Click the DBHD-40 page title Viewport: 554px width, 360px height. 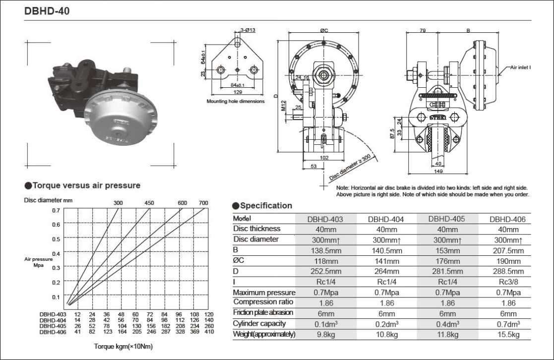pos(44,11)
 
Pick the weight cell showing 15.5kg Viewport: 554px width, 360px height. pos(506,335)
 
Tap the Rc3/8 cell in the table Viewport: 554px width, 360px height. pos(506,282)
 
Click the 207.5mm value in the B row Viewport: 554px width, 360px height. pos(506,250)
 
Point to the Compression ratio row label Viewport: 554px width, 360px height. pos(263,302)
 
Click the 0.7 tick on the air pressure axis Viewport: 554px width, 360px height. pos(56,210)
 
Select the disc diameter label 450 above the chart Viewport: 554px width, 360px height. pos(149,203)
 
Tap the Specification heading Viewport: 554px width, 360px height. pos(265,206)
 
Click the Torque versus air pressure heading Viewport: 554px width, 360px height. pos(86,185)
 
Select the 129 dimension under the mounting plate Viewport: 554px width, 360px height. pos(238,93)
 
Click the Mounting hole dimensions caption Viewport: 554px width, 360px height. pos(236,101)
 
